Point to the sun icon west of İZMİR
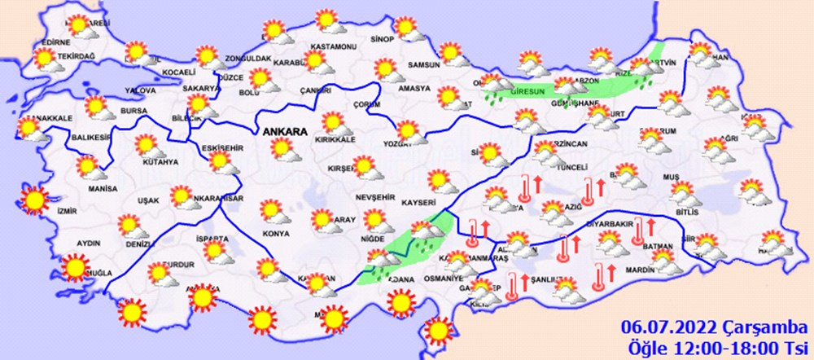tap(35, 199)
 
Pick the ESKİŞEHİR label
tap(221, 147)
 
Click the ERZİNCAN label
tap(569, 144)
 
